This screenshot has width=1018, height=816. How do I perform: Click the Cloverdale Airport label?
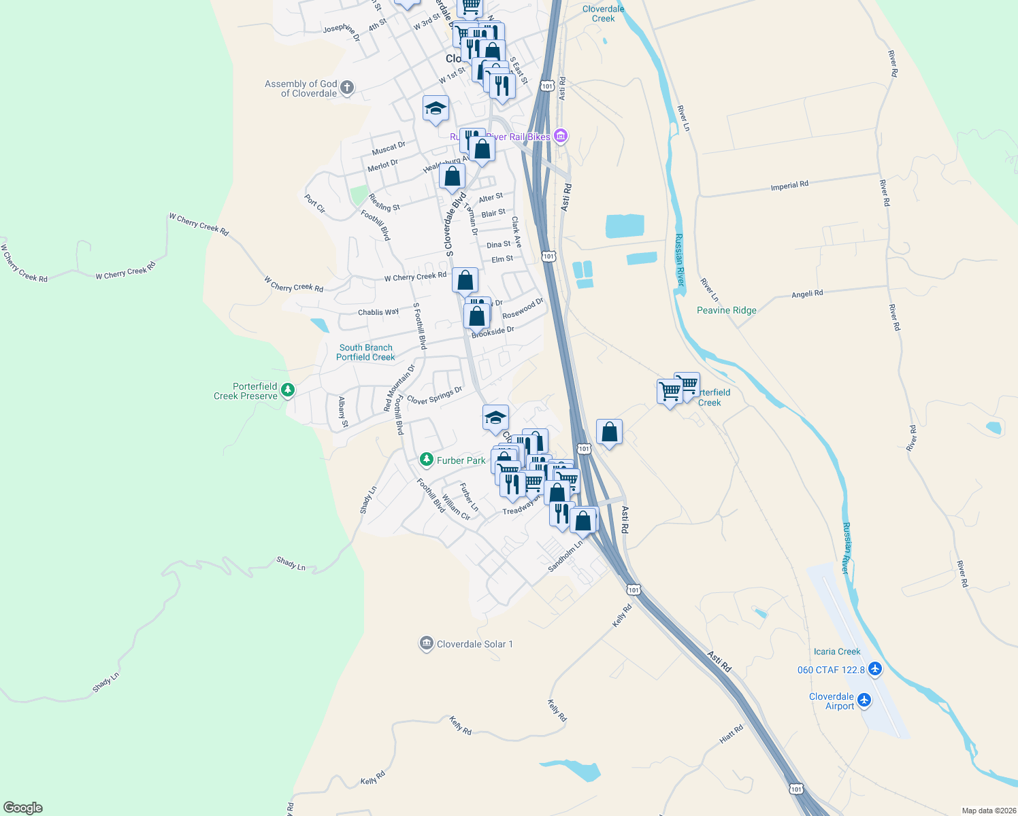click(x=831, y=701)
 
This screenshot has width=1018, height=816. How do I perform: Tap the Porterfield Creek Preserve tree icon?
click(x=289, y=390)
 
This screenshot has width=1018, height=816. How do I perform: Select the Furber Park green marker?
click(x=427, y=460)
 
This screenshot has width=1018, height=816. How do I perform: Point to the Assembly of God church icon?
click(x=347, y=87)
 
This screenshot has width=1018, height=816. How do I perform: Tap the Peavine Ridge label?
click(x=726, y=310)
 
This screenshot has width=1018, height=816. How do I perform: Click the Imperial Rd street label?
click(x=789, y=186)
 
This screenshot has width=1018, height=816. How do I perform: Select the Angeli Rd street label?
click(x=807, y=294)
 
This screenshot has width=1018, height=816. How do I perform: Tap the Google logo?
click(x=23, y=808)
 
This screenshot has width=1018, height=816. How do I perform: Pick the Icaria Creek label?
click(x=836, y=651)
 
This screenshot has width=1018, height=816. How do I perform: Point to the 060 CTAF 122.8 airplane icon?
click(x=875, y=669)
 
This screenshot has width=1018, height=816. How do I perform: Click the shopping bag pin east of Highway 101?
click(x=609, y=432)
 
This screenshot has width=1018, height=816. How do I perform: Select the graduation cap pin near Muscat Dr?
click(x=436, y=109)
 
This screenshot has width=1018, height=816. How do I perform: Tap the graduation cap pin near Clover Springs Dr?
click(x=495, y=418)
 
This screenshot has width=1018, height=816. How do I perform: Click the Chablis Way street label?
click(x=378, y=312)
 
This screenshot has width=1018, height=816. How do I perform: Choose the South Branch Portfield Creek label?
click(x=365, y=352)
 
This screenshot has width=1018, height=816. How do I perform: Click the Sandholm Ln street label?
click(x=565, y=556)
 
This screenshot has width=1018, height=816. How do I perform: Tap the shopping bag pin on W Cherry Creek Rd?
click(x=465, y=280)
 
